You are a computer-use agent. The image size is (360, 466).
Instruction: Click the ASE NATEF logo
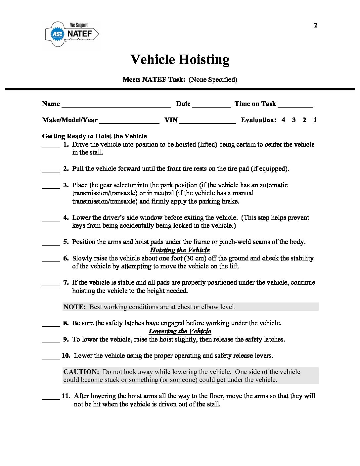[72, 33]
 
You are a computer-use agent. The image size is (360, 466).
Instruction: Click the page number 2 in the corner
[315, 25]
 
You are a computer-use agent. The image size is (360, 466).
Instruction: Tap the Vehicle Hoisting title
[180, 60]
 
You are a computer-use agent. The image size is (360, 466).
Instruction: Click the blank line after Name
[116, 106]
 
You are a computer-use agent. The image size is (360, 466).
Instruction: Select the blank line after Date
[211, 106]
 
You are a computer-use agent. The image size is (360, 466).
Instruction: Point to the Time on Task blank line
[295, 106]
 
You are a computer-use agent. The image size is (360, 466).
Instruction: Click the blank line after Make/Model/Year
[129, 122]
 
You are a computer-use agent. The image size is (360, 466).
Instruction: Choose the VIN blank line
[207, 122]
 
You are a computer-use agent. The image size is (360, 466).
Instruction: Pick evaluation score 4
[283, 120]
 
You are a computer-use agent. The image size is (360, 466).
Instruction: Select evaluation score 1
[315, 120]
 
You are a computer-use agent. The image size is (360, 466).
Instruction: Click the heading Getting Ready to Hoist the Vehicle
[94, 136]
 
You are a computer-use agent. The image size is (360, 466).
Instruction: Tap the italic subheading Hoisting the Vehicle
[180, 250]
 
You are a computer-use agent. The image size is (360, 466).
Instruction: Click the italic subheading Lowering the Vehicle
[180, 331]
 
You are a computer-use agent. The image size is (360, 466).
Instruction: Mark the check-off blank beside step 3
[51, 187]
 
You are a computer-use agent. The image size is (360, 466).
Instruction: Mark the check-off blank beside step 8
[51, 325]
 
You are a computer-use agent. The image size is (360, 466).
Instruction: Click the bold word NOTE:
[74, 307]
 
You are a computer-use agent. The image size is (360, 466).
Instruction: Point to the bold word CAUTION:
[81, 372]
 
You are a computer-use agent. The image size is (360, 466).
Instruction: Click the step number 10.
[66, 355]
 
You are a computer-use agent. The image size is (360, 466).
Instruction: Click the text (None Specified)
[213, 79]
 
